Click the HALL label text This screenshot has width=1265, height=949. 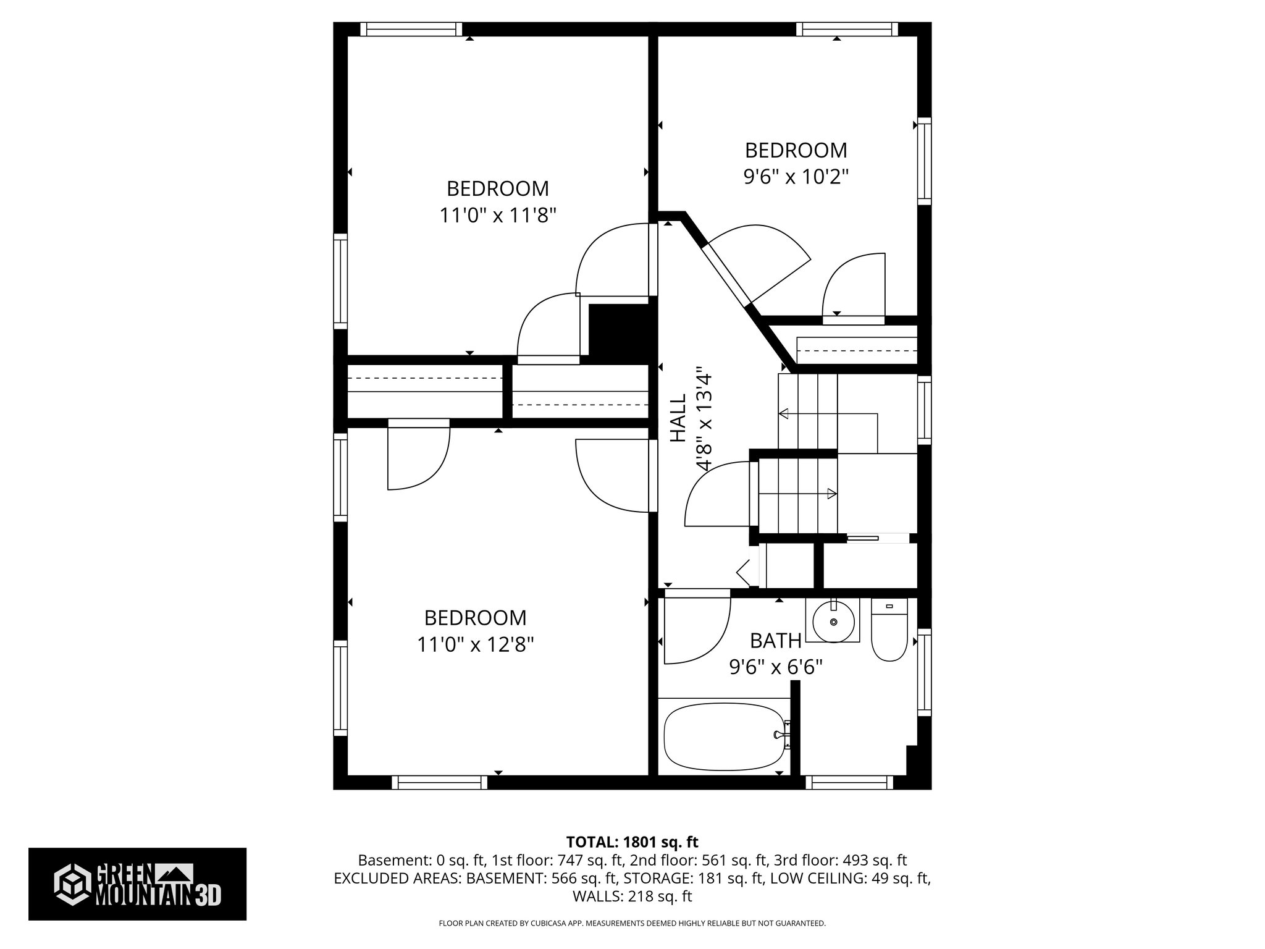pyautogui.click(x=678, y=418)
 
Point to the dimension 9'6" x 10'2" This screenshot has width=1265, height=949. pyautogui.click(x=796, y=177)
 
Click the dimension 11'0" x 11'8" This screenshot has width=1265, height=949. pyautogui.click(x=498, y=216)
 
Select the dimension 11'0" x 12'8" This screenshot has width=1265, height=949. pyautogui.click(x=475, y=645)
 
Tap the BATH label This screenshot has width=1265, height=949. pyautogui.click(x=776, y=641)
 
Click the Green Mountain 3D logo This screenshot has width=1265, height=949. pyautogui.click(x=137, y=884)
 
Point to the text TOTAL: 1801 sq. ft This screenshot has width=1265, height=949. pyautogui.click(x=632, y=842)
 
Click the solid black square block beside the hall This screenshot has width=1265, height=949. pyautogui.click(x=621, y=331)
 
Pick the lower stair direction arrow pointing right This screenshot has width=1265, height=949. pyautogui.click(x=831, y=493)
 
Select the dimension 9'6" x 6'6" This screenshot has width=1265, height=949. pyautogui.click(x=776, y=668)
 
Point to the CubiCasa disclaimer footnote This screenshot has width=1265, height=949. pyautogui.click(x=632, y=924)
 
